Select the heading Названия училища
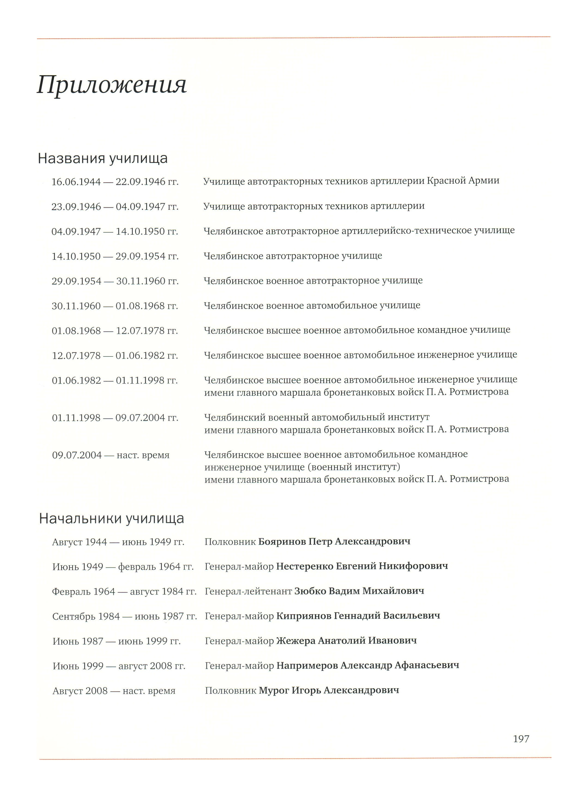[103, 159]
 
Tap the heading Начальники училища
[111, 519]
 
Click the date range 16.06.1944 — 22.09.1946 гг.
[115, 182]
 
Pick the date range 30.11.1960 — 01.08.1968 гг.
[115, 306]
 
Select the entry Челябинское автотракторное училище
[293, 256]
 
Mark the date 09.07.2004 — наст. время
[111, 455]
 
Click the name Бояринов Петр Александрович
[334, 542]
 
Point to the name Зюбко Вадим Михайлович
[359, 591]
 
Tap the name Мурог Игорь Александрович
[329, 690]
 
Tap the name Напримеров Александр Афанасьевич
[367, 665]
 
